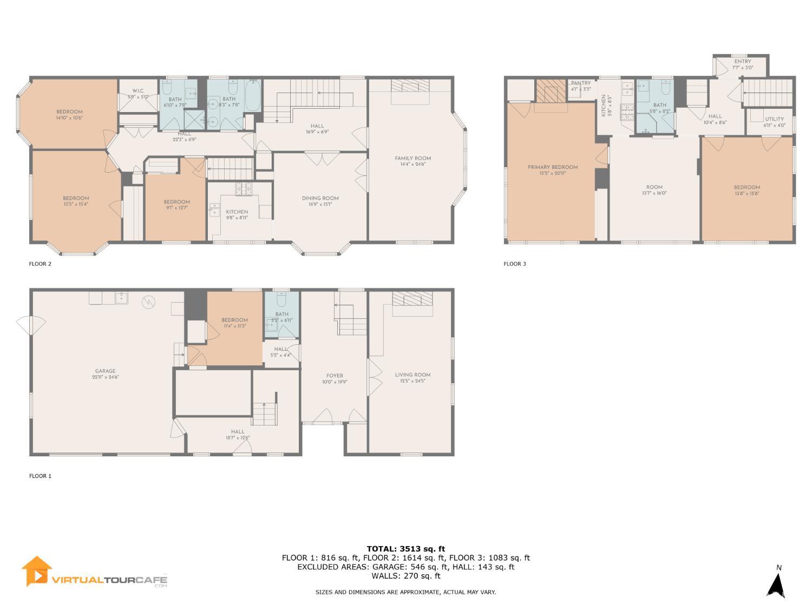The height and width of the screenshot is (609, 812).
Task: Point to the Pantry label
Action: [x=581, y=83]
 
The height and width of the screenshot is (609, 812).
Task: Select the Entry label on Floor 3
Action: [x=743, y=62]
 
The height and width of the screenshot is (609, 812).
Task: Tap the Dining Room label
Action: [x=320, y=198]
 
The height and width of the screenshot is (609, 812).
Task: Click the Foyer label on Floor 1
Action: [x=335, y=375]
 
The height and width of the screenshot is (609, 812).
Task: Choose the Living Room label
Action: [x=412, y=375]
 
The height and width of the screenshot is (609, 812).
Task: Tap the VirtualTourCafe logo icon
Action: [x=36, y=572]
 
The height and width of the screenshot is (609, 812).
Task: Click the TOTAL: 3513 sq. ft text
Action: [x=405, y=549]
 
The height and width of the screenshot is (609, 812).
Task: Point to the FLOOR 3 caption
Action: [x=515, y=264]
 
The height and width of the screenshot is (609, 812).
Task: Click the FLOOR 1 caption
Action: [x=40, y=476]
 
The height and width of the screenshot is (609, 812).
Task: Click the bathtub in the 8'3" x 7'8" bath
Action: [x=252, y=96]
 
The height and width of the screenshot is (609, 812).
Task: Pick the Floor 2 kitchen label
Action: [x=237, y=212]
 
